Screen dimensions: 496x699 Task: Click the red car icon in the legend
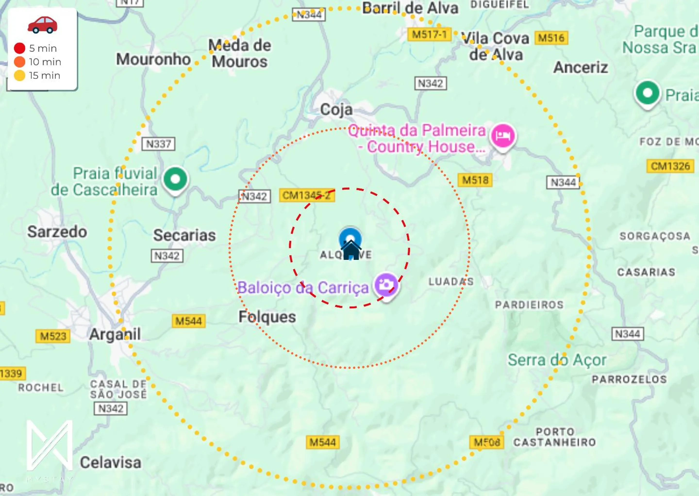tap(42, 25)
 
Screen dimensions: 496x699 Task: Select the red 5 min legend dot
tap(20, 48)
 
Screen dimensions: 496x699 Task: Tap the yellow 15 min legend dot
tap(20, 75)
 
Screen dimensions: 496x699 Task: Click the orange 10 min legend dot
tap(20, 62)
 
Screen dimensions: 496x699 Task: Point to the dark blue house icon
tap(351, 250)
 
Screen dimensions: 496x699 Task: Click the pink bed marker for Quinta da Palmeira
tap(503, 136)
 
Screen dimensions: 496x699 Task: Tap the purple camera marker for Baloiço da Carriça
tap(387, 285)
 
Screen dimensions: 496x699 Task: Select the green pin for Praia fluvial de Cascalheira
tap(175, 179)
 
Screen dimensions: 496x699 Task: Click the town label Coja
tap(336, 110)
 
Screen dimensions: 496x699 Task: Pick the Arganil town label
tap(115, 334)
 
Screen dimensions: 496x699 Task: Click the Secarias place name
tap(184, 235)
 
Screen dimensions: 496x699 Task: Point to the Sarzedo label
tap(57, 232)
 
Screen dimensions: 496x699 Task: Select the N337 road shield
tap(158, 144)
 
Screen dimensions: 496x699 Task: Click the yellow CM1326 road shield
tap(670, 166)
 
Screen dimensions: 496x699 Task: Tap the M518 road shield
tap(475, 180)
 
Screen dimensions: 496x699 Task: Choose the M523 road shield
tap(53, 336)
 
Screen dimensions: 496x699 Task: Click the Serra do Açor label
tap(557, 360)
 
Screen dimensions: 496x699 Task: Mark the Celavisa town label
tap(111, 462)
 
